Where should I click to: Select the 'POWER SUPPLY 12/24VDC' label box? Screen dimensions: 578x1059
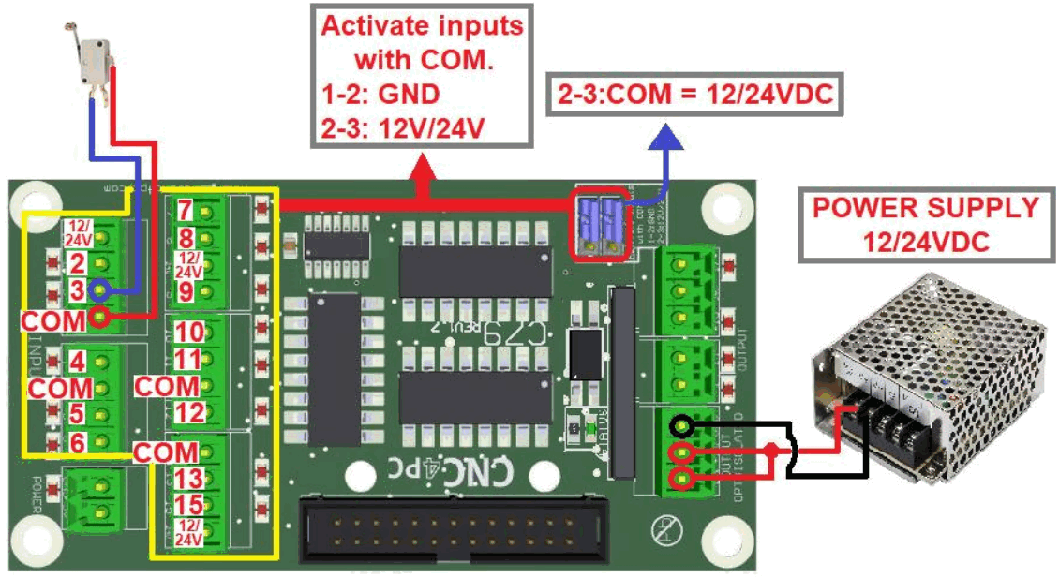tap(925, 226)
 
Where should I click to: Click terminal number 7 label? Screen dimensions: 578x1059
tap(185, 211)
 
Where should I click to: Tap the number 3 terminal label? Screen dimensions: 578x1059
tap(77, 290)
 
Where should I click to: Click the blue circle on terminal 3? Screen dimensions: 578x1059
tap(97, 290)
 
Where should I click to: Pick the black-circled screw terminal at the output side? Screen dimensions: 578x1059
tap(684, 429)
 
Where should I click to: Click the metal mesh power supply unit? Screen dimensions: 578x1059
tap(928, 375)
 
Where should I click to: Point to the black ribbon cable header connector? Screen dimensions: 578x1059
tap(453, 530)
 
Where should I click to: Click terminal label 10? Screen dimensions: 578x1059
tap(188, 333)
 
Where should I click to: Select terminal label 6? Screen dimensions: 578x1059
tap(77, 441)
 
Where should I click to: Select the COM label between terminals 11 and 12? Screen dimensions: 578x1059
tap(168, 385)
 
